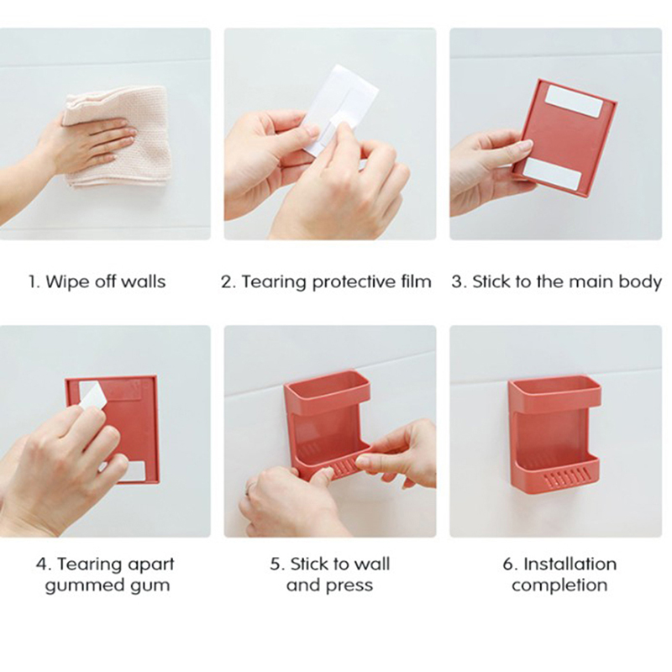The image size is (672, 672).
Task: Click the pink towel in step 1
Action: click(x=129, y=137)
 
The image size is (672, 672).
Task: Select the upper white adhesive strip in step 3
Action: click(x=575, y=101)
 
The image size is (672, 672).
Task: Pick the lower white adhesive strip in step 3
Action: click(x=552, y=173)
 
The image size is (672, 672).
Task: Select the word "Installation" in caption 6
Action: click(x=570, y=564)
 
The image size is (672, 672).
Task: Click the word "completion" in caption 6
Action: click(x=559, y=585)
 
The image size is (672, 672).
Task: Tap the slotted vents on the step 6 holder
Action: click(x=566, y=478)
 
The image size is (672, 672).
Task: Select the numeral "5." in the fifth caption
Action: click(x=277, y=564)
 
